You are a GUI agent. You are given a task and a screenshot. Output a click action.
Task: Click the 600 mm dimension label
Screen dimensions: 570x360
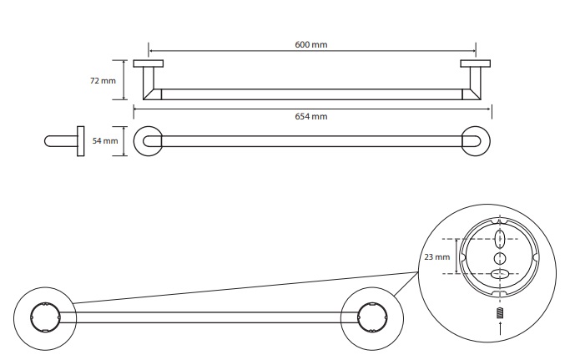311,45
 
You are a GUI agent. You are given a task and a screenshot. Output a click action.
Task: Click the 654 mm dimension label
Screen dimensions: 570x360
311,116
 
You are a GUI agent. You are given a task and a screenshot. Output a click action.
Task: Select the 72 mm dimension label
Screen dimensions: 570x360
103,80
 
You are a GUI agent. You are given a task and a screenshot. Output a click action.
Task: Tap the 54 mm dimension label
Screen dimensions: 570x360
105,141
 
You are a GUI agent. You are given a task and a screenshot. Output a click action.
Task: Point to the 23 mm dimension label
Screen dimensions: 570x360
437,257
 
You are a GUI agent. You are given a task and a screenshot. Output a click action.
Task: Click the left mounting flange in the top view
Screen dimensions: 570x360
149,63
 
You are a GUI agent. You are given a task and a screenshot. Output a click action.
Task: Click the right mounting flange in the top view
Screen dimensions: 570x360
475,63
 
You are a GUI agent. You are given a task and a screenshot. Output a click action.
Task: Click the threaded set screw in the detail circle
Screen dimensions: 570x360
500,312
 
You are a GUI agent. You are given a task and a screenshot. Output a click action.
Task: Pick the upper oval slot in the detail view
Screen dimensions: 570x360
500,239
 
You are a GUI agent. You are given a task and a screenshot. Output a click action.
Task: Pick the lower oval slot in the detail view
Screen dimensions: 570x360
499,274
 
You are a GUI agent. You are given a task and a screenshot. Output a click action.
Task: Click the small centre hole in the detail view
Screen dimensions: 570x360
500,258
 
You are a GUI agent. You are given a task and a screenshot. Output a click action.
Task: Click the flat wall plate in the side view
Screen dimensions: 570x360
81,141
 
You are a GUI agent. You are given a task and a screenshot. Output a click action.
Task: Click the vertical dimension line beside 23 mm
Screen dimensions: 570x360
457,256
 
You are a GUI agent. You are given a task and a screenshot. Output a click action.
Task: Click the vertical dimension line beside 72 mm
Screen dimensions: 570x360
124,80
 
